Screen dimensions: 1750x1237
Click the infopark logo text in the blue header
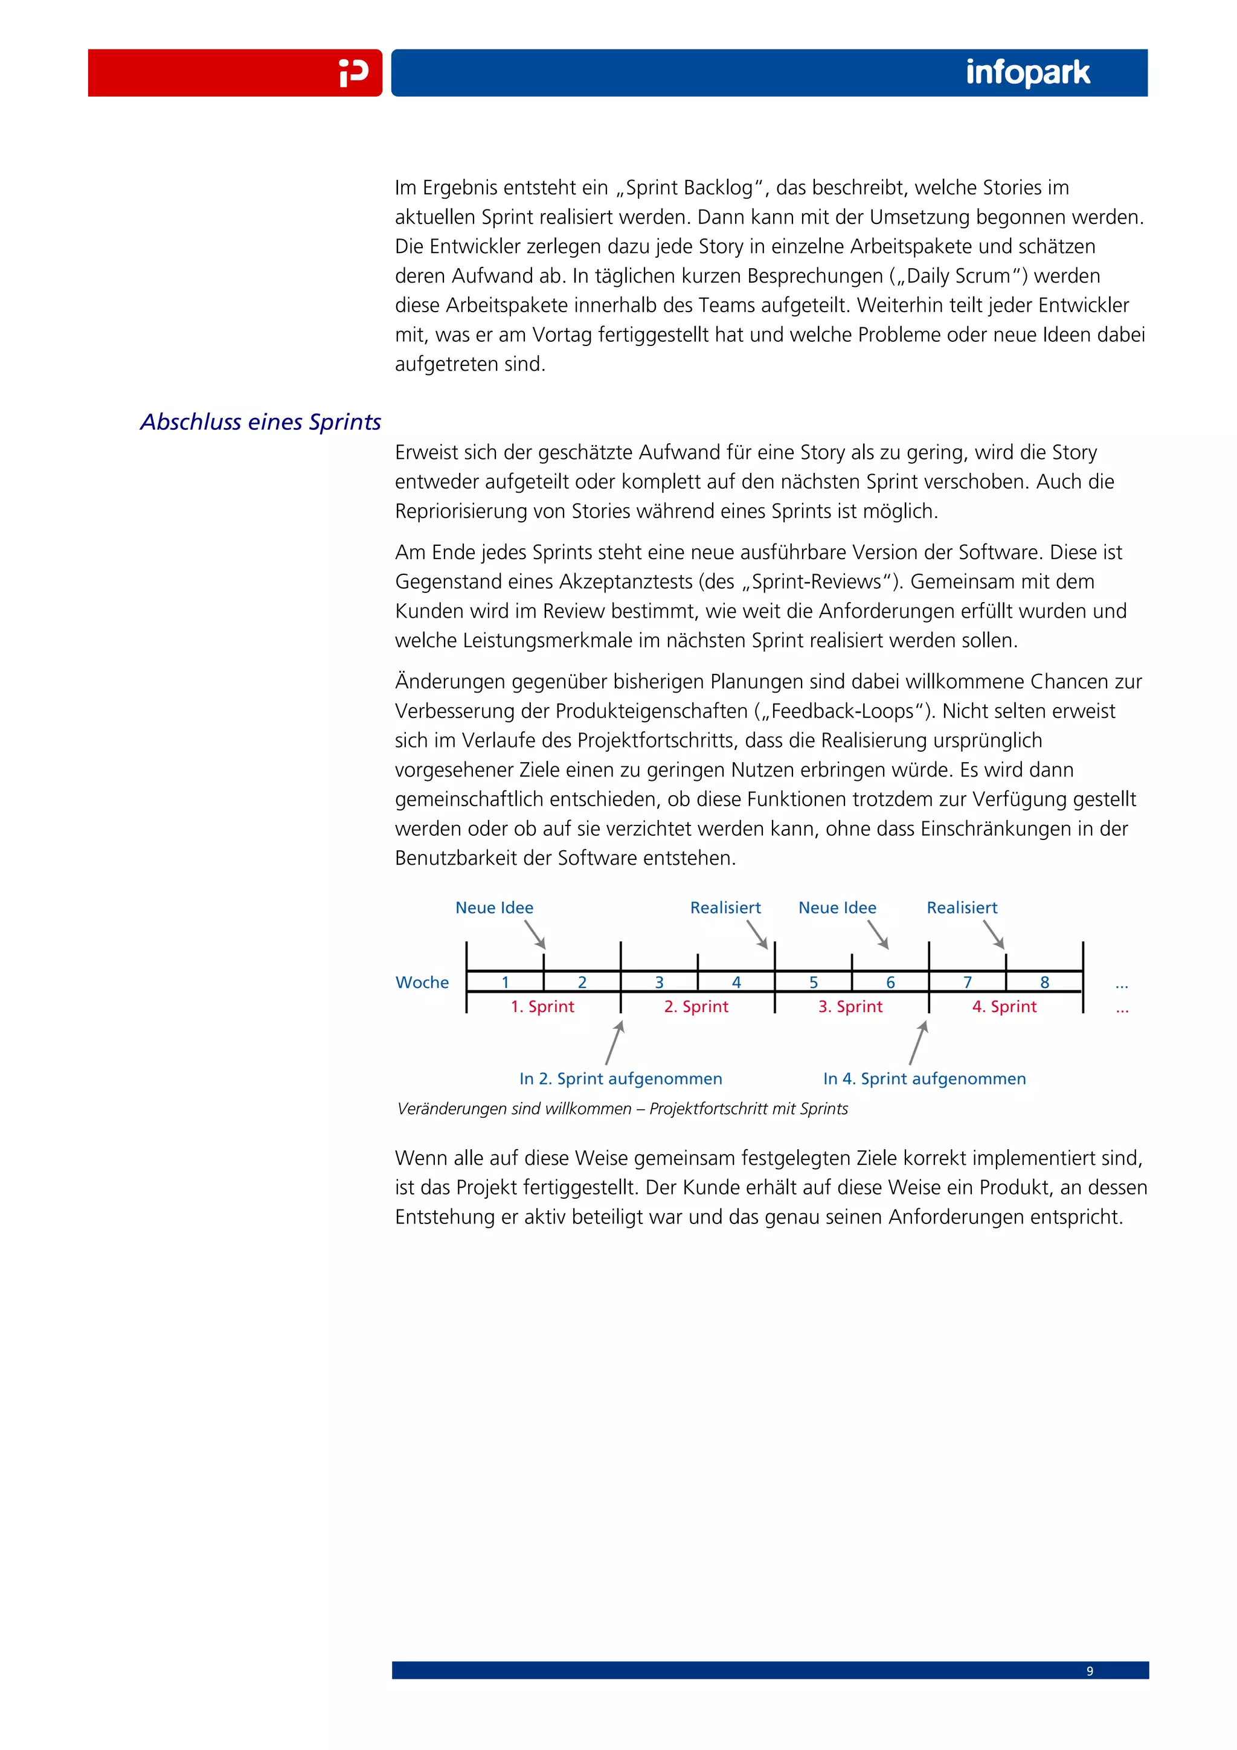pyautogui.click(x=1027, y=73)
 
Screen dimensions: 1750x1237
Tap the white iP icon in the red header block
pyautogui.click(x=354, y=73)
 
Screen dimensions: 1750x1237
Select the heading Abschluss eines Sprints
pyautogui.click(x=261, y=421)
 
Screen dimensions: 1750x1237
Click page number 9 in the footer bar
pyautogui.click(x=1089, y=1671)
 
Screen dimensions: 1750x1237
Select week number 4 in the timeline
pyautogui.click(x=736, y=982)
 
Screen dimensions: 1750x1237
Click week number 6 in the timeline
pyautogui.click(x=890, y=982)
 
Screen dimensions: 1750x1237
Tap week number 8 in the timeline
pyautogui.click(x=1044, y=982)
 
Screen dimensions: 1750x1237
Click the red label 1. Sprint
pyautogui.click(x=542, y=1006)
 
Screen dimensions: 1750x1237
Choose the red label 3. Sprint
pyautogui.click(x=850, y=1006)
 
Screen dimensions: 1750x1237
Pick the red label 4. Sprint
pyautogui.click(x=1004, y=1006)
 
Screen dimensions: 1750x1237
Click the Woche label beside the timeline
pyautogui.click(x=422, y=982)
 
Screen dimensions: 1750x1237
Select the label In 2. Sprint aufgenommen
pyautogui.click(x=620, y=1079)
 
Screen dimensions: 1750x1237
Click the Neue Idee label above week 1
pyautogui.click(x=494, y=908)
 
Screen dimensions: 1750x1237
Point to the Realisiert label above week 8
pyautogui.click(x=961, y=908)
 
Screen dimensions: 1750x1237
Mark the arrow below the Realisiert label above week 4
pyautogui.click(x=757, y=934)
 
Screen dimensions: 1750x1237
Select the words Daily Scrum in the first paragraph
pyautogui.click(x=958, y=276)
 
